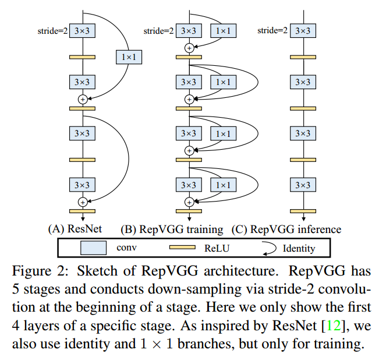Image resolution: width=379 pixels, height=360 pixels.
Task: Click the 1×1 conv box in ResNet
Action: click(x=129, y=57)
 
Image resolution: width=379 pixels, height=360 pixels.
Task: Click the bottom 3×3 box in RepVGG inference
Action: click(x=302, y=185)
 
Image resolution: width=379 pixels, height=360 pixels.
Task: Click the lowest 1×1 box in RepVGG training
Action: click(x=222, y=185)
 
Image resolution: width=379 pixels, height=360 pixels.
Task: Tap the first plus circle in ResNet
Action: click(x=82, y=100)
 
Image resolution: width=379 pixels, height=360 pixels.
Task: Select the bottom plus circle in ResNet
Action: click(x=82, y=202)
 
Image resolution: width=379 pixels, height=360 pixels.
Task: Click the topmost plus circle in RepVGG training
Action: click(x=189, y=48)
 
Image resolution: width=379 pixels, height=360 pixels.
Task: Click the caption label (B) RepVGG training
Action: click(x=172, y=229)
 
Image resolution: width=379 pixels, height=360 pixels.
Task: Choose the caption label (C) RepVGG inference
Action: click(x=286, y=229)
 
